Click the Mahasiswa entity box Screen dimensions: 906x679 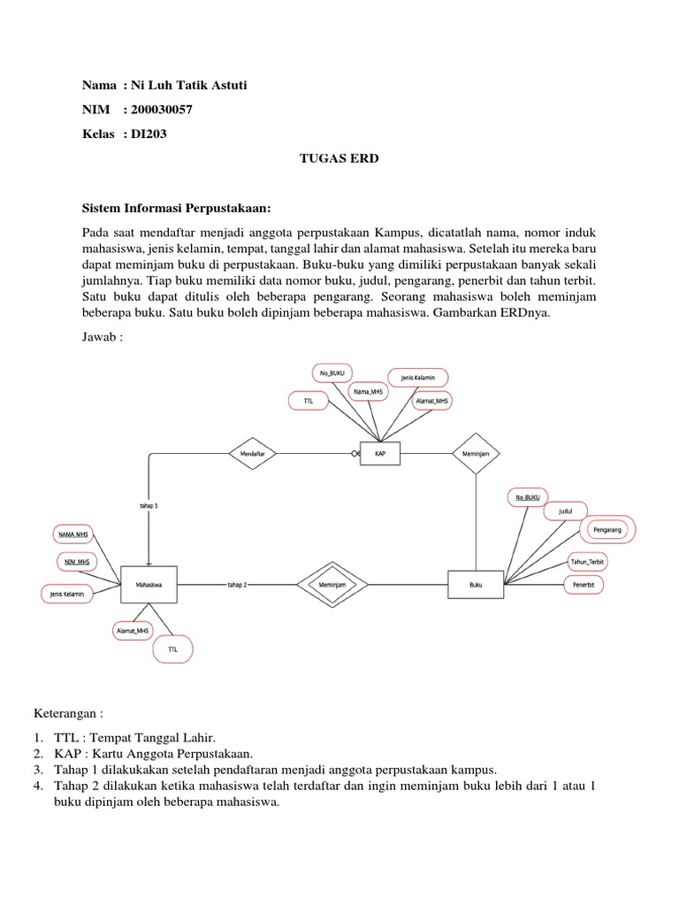point(148,584)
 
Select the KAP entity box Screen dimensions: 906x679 point(379,453)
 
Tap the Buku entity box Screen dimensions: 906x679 point(476,584)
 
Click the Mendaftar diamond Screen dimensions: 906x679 point(253,453)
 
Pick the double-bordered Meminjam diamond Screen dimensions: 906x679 point(331,584)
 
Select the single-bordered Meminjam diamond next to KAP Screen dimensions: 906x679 point(476,453)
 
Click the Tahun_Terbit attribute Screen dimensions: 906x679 point(588,563)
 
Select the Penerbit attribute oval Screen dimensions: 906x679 point(584,585)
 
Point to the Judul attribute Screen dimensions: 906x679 point(565,511)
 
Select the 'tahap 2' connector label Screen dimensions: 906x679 point(236,585)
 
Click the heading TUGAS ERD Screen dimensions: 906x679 point(339,158)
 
